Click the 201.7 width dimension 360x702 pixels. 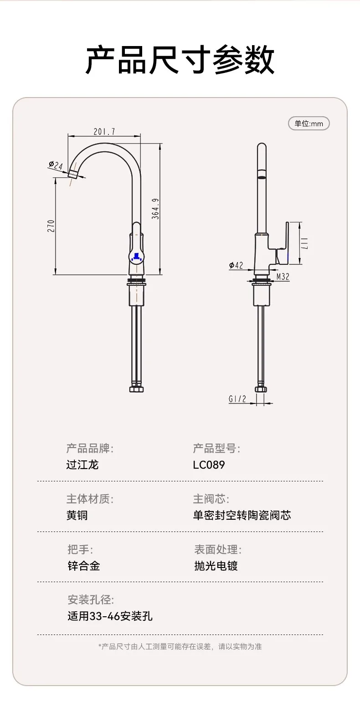point(104,132)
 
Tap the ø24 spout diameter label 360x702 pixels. point(55,165)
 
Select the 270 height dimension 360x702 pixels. point(51,226)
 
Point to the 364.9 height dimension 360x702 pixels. point(155,209)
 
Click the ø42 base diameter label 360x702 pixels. point(236,265)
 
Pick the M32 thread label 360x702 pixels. point(283,276)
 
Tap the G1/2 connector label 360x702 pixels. point(237,399)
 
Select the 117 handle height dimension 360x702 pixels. point(305,243)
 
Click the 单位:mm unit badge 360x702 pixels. point(309,124)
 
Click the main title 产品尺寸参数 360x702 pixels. point(180,60)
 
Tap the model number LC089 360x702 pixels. point(209,465)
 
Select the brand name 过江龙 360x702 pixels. point(82,465)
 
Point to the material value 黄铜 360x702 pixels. point(77,516)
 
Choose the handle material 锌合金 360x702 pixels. point(84,566)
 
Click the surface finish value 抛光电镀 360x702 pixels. point(216,566)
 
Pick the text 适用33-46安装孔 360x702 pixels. point(110,617)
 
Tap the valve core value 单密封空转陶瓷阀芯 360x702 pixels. point(242,516)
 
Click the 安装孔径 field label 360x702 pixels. point(91,600)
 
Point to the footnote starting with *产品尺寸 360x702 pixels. point(180,646)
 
